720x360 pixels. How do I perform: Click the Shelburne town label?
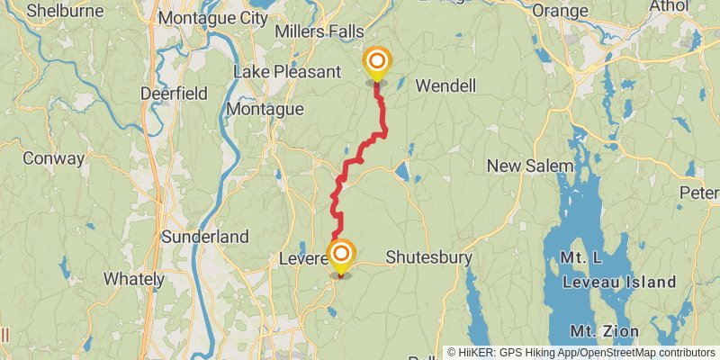pos(64,11)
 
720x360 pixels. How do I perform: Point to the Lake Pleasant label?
pos(286,71)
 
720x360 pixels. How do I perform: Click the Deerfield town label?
pos(175,93)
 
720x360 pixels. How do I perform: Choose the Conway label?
pos(54,158)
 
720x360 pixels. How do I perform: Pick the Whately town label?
pos(132,279)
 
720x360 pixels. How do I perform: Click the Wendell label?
pos(445,86)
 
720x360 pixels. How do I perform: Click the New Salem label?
pos(529,166)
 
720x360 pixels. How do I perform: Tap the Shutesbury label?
pos(429,257)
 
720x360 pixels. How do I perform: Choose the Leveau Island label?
pos(618,282)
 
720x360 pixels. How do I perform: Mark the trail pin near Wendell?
pos(377,62)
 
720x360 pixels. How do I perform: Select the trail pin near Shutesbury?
pos(341,255)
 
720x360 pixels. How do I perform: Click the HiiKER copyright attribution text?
pos(581,353)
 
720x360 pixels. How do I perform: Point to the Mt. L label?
pos(580,258)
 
